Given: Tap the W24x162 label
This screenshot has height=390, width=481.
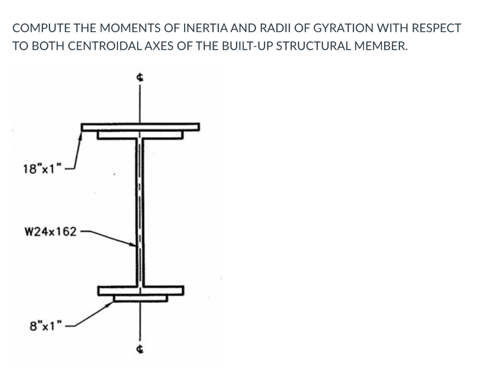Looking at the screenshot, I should tap(50, 232).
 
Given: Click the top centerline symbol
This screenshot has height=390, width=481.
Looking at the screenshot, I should tap(140, 78).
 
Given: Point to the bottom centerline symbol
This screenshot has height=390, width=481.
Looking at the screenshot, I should tap(140, 349).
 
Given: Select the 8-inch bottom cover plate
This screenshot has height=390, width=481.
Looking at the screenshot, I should tap(140, 298).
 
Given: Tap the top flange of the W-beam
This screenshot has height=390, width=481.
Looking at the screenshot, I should tap(140, 135).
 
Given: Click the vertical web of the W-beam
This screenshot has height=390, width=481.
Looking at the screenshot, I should tap(140, 211).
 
